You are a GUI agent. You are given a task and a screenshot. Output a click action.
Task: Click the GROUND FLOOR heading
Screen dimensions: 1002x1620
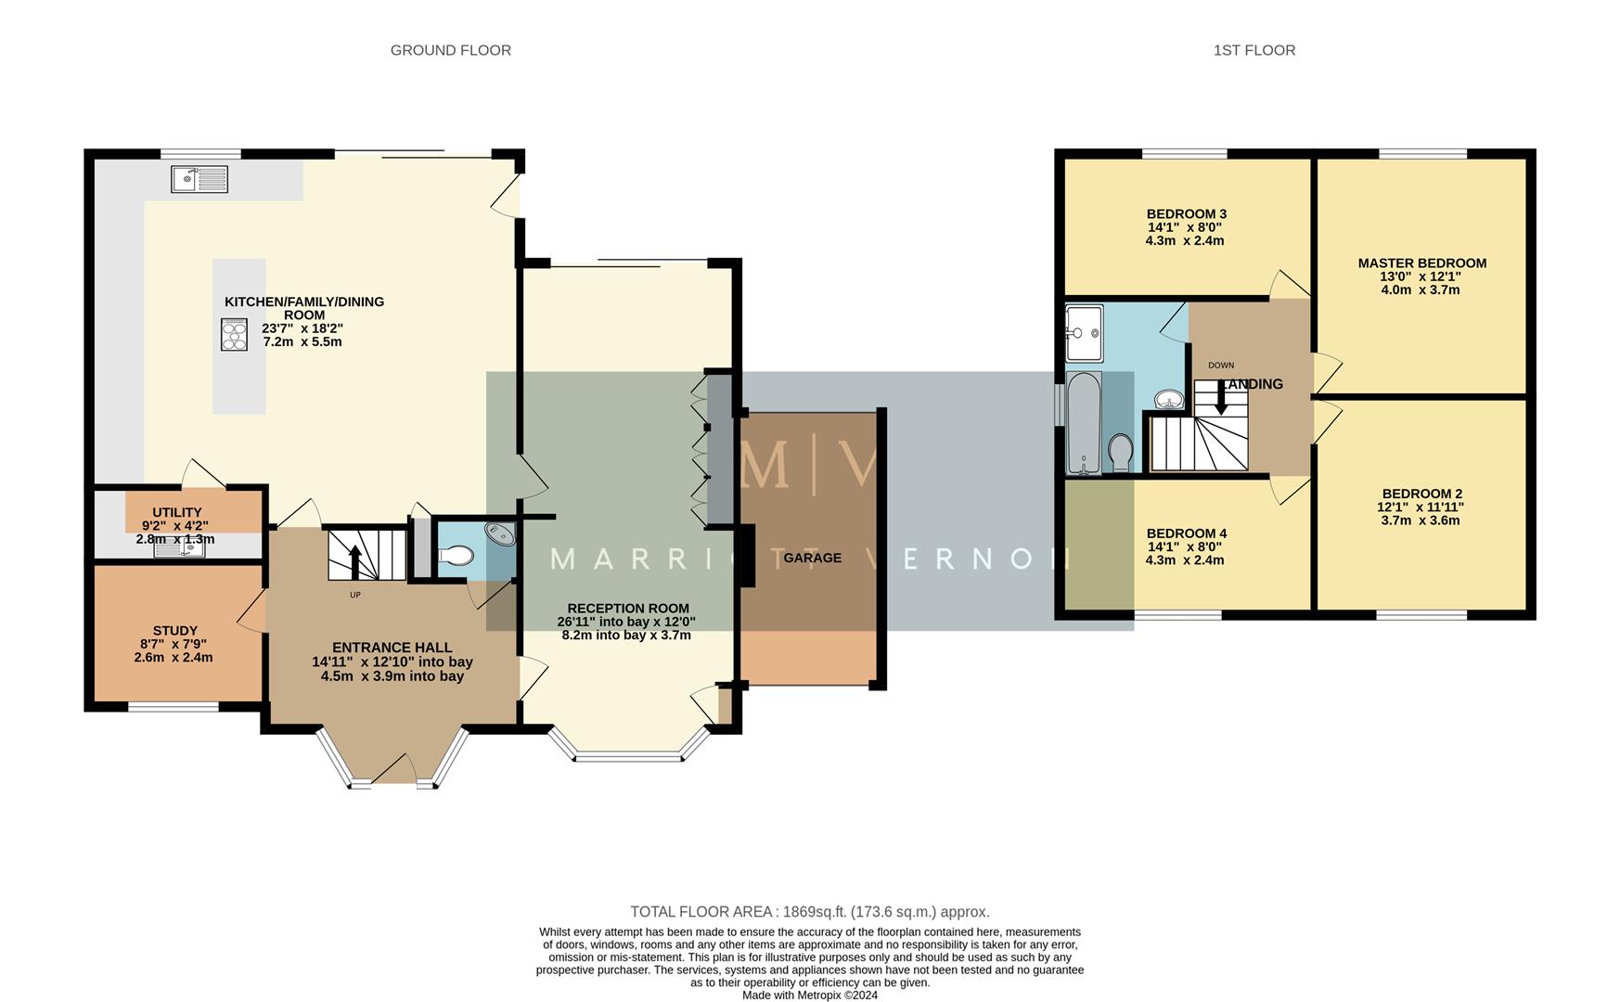[x=450, y=50]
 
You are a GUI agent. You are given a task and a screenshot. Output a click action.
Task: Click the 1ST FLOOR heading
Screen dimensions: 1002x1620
[x=1254, y=50]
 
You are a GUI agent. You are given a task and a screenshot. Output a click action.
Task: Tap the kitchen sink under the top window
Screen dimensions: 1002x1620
[x=199, y=179]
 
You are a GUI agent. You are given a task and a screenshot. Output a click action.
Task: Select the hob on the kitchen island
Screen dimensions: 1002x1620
[x=234, y=334]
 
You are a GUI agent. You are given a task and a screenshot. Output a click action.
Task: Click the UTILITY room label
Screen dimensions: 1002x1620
[x=176, y=512]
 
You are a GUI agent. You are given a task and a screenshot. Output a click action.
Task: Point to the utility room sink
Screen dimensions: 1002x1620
[x=179, y=549]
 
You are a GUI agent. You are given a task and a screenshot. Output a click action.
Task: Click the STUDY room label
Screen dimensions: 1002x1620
[x=174, y=631]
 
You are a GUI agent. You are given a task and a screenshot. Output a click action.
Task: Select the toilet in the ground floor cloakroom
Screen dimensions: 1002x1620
[x=456, y=556]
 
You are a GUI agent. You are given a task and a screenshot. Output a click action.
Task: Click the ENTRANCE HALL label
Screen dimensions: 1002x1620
[x=392, y=648]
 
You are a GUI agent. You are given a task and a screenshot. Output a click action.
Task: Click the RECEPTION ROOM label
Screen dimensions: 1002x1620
[x=627, y=609]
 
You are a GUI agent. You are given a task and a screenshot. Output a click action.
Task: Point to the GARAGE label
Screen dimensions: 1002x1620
[x=812, y=558]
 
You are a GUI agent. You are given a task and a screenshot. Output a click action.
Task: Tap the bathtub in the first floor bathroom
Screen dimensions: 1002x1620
[x=1083, y=422]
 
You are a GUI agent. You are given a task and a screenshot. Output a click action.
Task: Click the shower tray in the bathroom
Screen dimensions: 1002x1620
[x=1084, y=332]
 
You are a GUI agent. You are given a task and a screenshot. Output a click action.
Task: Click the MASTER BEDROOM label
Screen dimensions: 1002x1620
[x=1421, y=263]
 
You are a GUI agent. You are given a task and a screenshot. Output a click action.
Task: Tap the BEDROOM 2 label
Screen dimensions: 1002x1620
[x=1421, y=494]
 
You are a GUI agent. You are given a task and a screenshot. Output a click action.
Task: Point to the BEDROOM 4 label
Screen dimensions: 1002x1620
[x=1186, y=533]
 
